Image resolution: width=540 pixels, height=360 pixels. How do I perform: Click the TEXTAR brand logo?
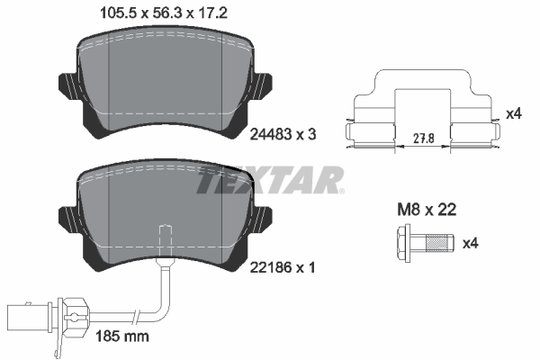(x=269, y=181)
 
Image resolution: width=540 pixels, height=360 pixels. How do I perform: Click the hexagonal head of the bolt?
(x=401, y=242)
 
